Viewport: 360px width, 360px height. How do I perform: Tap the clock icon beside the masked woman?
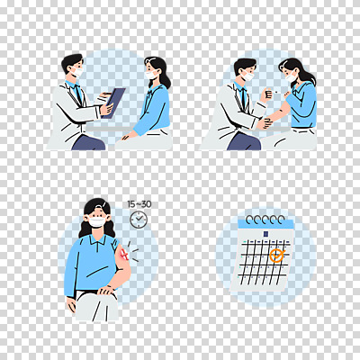(x=138, y=220)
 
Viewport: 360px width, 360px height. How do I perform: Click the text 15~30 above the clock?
(x=139, y=204)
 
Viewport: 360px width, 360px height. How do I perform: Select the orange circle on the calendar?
(x=277, y=256)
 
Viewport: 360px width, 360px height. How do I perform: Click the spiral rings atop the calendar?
(x=267, y=220)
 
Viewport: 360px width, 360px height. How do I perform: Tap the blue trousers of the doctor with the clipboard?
(x=89, y=142)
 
